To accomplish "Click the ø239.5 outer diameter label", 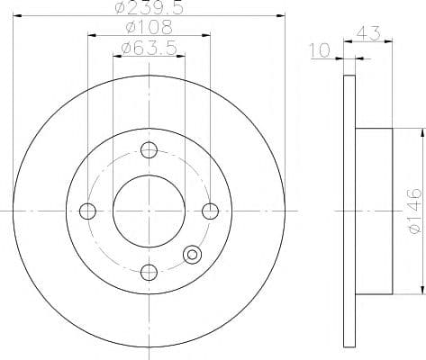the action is [150, 8].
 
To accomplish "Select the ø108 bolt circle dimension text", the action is [150, 27].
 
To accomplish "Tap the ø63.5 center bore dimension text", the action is [149, 48].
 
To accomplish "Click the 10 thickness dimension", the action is [321, 50].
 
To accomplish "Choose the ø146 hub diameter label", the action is [416, 211].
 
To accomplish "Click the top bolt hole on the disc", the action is [150, 150].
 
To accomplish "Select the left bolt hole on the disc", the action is [87, 211].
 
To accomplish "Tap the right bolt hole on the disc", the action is [210, 211].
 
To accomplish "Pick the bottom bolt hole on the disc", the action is [150, 273].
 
